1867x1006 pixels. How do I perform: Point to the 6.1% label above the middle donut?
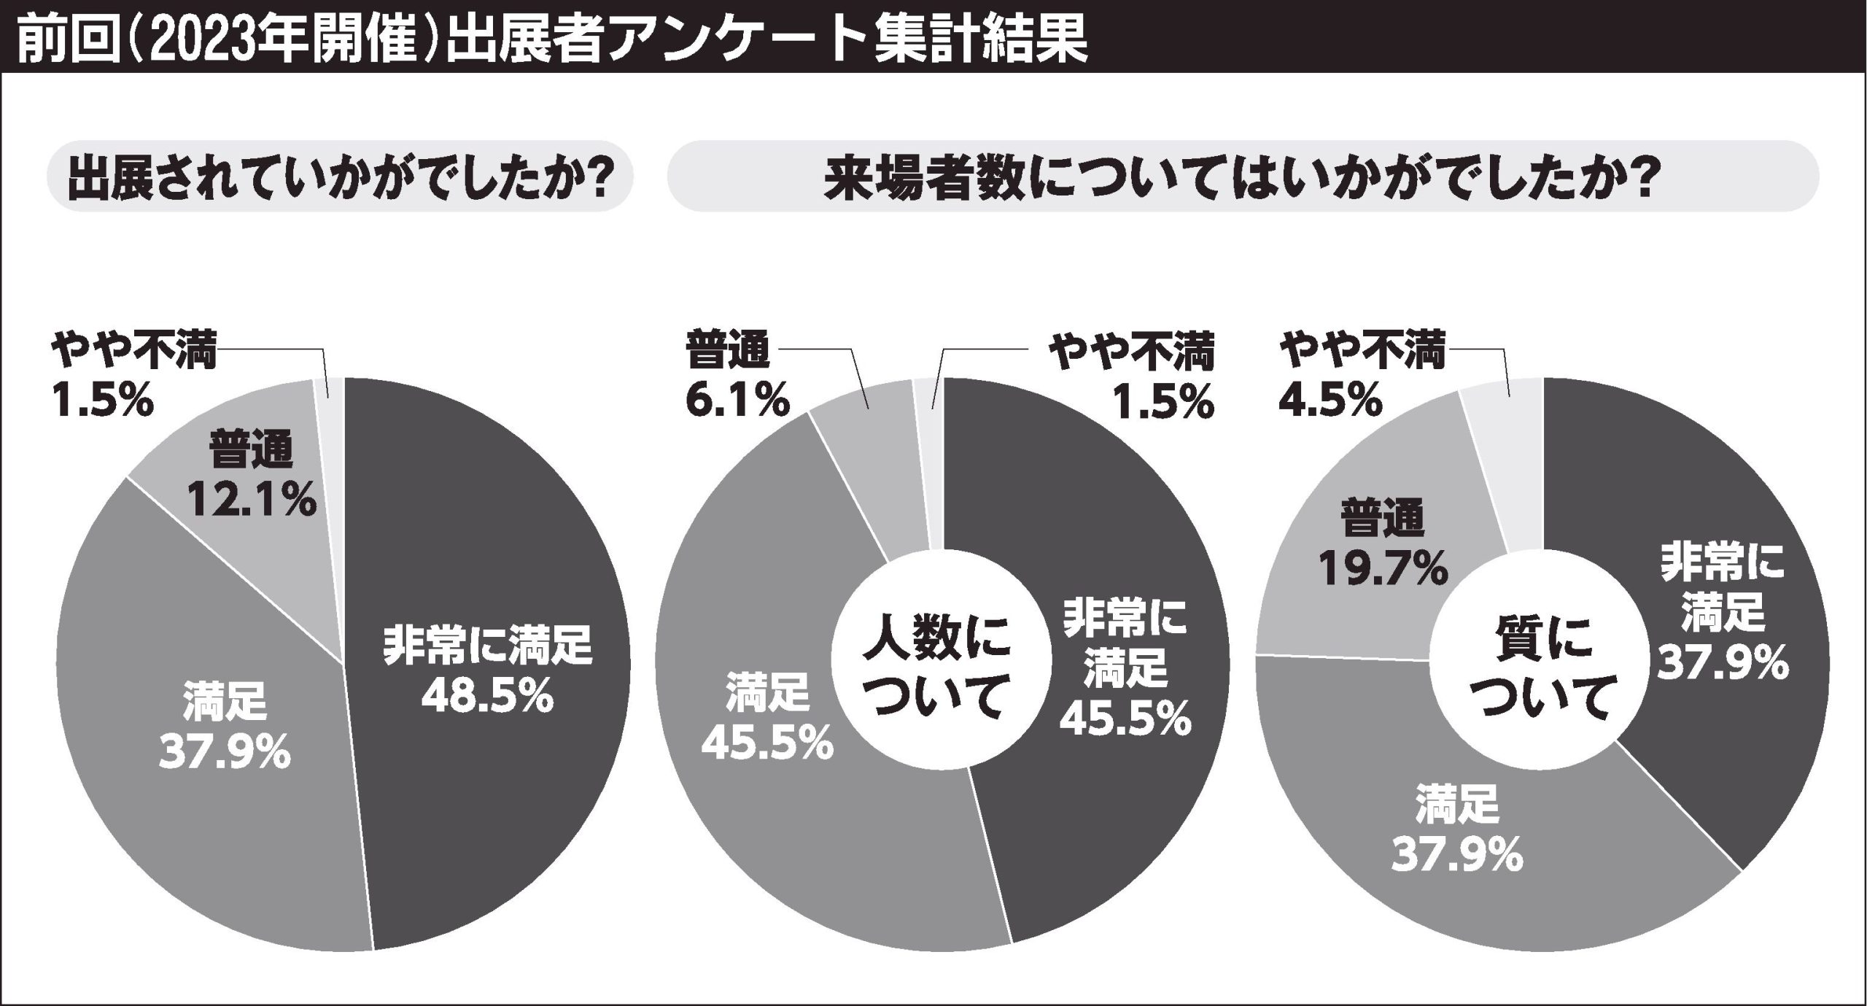click(737, 401)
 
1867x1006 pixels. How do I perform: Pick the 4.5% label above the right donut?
click(1330, 401)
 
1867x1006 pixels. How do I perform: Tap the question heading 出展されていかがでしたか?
click(339, 177)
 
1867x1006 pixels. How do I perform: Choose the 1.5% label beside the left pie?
click(102, 401)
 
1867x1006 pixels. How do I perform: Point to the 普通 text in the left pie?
click(252, 450)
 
